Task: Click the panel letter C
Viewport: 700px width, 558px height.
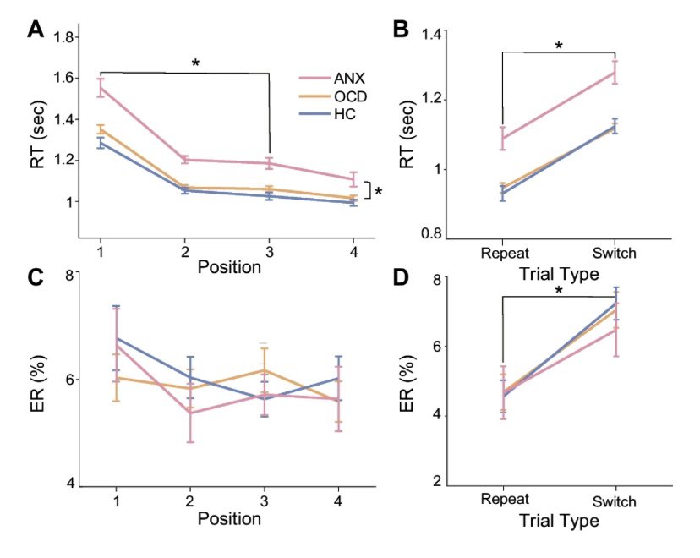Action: pyautogui.click(x=36, y=278)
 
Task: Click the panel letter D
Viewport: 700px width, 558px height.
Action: pyautogui.click(x=402, y=278)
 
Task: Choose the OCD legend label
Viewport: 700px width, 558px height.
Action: pyautogui.click(x=337, y=96)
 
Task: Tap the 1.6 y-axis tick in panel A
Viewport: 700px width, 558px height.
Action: pyautogui.click(x=63, y=78)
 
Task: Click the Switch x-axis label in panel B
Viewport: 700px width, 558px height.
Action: pyautogui.click(x=615, y=253)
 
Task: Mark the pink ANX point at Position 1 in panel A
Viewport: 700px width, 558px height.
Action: pyautogui.click(x=101, y=87)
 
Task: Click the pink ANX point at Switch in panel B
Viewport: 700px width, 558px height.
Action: pyautogui.click(x=615, y=72)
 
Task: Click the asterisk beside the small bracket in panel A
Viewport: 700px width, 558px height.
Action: pyautogui.click(x=378, y=192)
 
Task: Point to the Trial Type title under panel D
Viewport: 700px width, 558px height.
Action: pyautogui.click(x=559, y=520)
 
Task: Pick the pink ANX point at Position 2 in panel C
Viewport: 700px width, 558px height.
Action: pyautogui.click(x=190, y=412)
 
